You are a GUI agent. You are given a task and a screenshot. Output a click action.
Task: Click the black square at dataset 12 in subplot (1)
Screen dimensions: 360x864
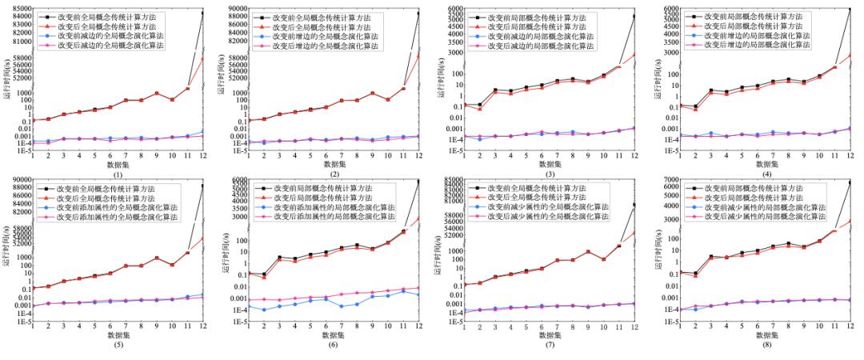pos(202,14)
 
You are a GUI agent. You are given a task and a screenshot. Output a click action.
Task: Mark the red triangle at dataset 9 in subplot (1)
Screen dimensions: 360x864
pos(157,94)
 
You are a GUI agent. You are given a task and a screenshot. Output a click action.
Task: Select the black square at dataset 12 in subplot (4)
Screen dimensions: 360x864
pos(850,8)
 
